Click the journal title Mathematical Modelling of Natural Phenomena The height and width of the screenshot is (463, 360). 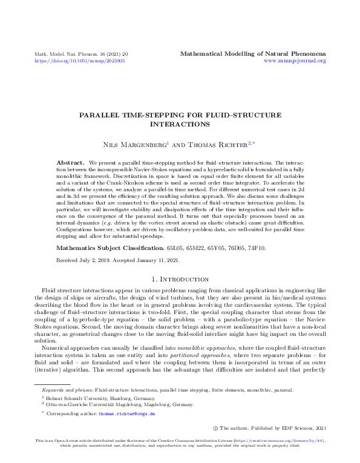click(x=253, y=54)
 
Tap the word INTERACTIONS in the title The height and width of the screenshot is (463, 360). click(x=179, y=123)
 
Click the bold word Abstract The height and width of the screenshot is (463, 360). click(x=70, y=163)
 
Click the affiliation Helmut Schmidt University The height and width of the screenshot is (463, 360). click(x=74, y=399)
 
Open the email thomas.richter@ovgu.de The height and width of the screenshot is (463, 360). click(x=127, y=414)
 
